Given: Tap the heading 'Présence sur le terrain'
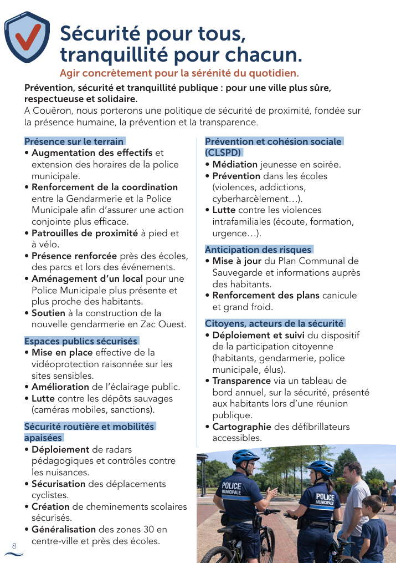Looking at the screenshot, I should (x=74, y=141).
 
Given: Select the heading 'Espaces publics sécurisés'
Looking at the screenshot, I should (x=81, y=341).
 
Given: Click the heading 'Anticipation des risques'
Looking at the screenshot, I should (x=258, y=250).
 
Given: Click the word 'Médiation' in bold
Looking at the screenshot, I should (x=235, y=164).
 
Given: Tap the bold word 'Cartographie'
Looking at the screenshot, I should (x=241, y=427).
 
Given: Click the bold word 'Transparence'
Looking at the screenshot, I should (x=241, y=381).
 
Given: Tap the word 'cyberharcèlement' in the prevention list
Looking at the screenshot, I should (x=252, y=199).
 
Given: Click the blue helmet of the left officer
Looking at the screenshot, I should (x=245, y=457).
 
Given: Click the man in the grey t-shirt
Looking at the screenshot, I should (x=353, y=494).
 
